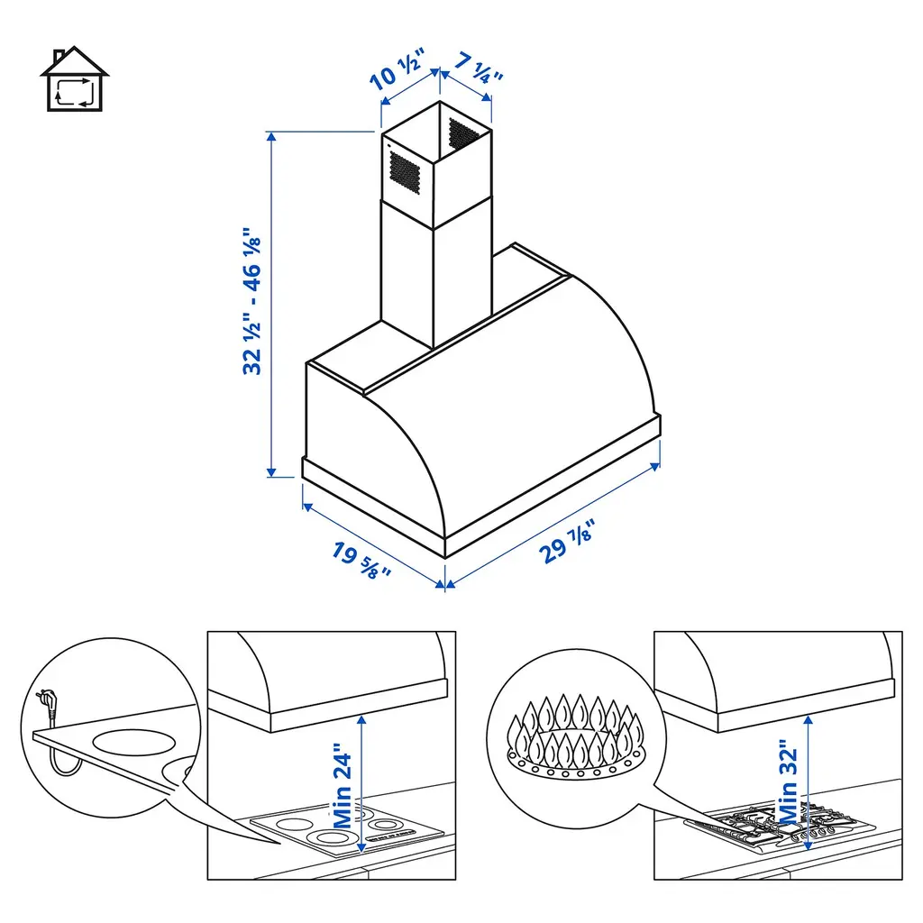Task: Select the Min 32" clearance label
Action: click(789, 782)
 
